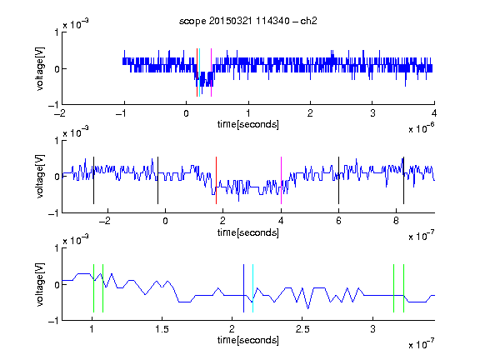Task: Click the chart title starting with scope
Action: [x=248, y=21]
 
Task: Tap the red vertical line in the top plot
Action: [x=197, y=72]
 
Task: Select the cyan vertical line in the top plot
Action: [x=200, y=72]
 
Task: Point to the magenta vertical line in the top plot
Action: [x=211, y=72]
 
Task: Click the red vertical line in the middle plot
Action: [x=216, y=180]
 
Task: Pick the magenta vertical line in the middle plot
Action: [x=281, y=180]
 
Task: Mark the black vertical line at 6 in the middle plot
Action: [x=338, y=180]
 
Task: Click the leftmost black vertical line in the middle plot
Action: [x=93, y=180]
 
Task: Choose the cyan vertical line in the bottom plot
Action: [x=252, y=288]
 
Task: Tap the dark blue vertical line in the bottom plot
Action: [x=243, y=288]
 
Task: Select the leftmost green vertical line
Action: [x=93, y=288]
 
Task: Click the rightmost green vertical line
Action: [x=404, y=288]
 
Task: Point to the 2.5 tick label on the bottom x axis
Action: [x=302, y=329]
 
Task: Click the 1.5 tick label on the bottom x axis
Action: [x=162, y=329]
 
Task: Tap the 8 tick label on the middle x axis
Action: [x=396, y=221]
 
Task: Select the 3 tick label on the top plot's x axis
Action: [x=372, y=113]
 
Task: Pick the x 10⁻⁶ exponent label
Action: [x=422, y=128]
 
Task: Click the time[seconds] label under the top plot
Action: [x=248, y=125]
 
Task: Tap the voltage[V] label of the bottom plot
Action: [x=40, y=285]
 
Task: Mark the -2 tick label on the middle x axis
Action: [x=105, y=221]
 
